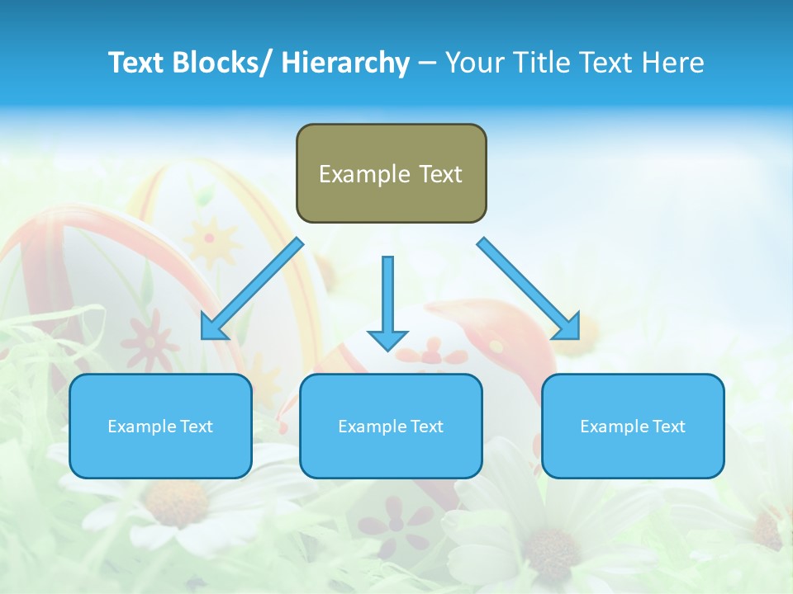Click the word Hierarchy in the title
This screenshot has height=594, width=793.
click(x=345, y=63)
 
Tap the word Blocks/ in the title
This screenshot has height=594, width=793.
click(x=221, y=63)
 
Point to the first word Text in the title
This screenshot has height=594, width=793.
click(x=137, y=63)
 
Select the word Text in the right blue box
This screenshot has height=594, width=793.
click(x=667, y=427)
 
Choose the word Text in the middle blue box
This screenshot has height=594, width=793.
click(x=425, y=427)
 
